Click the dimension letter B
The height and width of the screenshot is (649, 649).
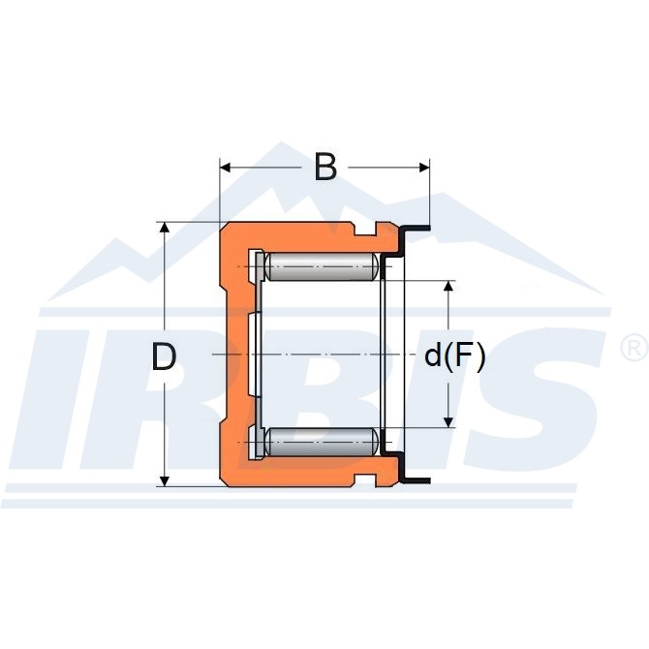pos(325,167)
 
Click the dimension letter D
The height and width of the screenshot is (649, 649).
pos(164,356)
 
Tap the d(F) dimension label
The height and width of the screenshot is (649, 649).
pos(454,356)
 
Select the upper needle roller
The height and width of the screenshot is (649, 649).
pos(321,266)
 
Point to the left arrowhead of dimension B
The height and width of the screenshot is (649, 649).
pos(225,168)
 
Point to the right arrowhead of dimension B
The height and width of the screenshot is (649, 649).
pos(424,168)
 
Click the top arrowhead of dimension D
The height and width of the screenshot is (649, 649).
pos(165,228)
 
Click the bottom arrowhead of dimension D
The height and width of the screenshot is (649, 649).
pos(165,480)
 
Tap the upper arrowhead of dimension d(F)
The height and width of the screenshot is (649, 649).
pos(448,287)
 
